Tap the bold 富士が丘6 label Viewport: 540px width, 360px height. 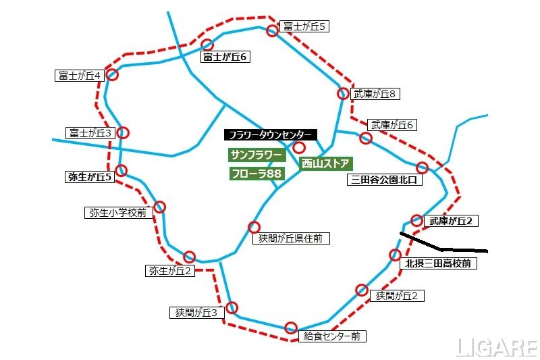[x=225, y=57]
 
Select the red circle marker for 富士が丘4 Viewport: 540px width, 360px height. [x=113, y=75]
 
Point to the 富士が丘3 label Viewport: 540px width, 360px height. [x=90, y=132]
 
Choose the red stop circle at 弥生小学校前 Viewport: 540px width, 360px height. [x=160, y=207]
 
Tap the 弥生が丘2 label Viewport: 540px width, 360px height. [x=170, y=271]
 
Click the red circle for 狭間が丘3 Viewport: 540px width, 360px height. [x=232, y=307]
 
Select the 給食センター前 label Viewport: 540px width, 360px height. [x=331, y=335]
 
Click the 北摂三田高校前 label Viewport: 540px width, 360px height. [x=438, y=263]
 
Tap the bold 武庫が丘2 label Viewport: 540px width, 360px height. [x=454, y=220]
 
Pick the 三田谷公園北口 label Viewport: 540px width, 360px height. [x=385, y=180]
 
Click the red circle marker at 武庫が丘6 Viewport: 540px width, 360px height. [x=366, y=138]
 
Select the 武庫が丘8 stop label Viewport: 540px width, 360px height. [x=377, y=93]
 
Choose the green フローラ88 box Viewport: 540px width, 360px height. [x=256, y=174]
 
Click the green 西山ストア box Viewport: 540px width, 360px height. [x=325, y=163]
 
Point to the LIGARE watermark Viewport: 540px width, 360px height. [x=495, y=347]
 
